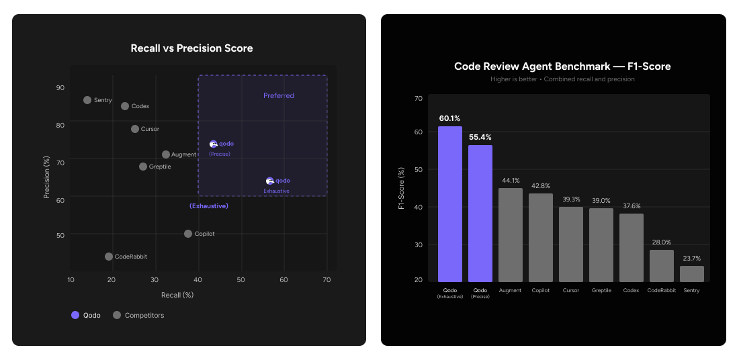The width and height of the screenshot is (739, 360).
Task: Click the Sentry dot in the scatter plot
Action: [87, 100]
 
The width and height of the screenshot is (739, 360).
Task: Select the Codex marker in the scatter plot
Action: [125, 106]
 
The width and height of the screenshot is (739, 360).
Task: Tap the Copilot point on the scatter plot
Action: [188, 234]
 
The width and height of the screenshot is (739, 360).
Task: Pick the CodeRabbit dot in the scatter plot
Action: [109, 257]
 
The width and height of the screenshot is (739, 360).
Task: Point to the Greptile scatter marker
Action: [143, 167]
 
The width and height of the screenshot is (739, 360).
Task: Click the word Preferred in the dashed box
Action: [279, 95]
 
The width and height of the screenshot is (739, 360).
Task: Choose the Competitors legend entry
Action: [138, 315]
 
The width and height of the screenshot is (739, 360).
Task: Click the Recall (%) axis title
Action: [177, 295]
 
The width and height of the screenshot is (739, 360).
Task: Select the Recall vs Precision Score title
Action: [191, 48]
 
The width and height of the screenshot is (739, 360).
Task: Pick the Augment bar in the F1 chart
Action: [511, 234]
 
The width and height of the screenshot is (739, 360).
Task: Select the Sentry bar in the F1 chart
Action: [692, 273]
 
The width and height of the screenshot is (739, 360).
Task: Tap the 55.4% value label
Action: [480, 137]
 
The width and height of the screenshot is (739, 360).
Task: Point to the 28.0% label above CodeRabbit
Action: [661, 242]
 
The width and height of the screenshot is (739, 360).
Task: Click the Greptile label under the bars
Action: [601, 291]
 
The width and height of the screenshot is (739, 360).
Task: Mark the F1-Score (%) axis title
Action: [402, 188]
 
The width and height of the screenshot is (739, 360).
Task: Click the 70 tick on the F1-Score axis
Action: [419, 99]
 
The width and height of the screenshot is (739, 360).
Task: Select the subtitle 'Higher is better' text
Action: [562, 79]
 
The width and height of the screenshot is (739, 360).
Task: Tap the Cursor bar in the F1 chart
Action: [571, 244]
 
